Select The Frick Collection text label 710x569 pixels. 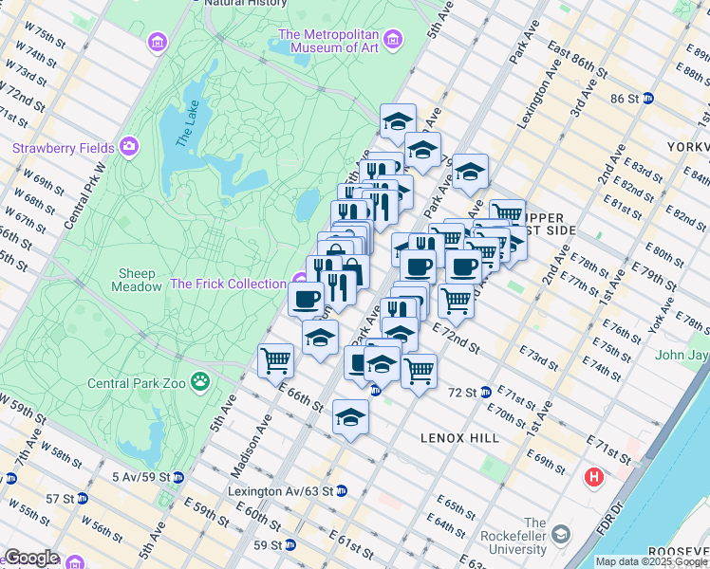pos(228,284)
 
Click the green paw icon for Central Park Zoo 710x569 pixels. pos(200,382)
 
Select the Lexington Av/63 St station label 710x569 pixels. pos(280,491)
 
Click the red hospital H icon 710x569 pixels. pos(595,475)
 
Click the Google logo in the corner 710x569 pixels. pos(31,558)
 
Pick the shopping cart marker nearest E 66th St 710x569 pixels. pos(275,359)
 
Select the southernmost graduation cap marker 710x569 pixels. pos(350,417)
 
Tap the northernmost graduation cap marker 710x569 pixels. pos(398,120)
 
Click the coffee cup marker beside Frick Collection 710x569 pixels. pos(306,299)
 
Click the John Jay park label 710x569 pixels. pos(682,356)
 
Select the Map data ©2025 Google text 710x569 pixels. pos(650,561)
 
